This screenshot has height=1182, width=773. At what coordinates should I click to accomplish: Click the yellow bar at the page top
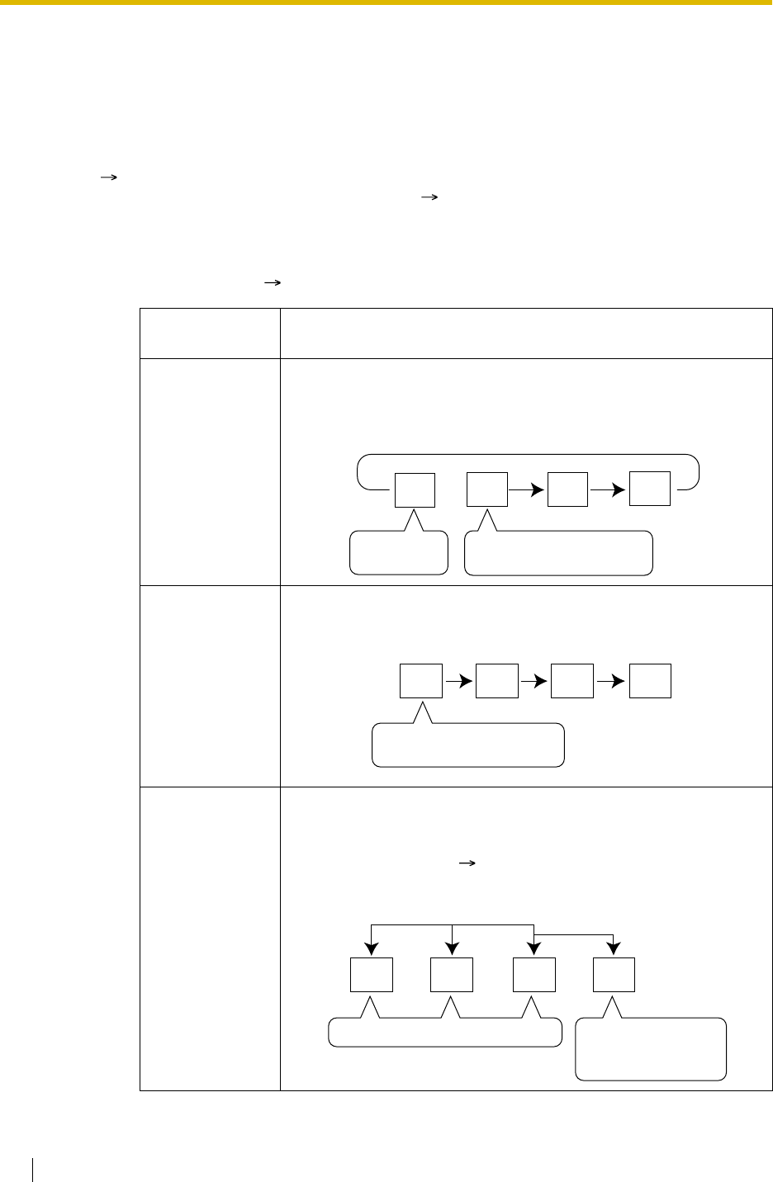click(x=386, y=2)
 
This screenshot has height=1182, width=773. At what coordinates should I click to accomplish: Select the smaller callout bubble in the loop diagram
click(x=398, y=554)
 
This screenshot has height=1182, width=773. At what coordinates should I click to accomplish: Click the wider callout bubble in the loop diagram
click(x=558, y=554)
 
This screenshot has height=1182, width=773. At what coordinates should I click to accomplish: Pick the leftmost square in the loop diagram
click(x=415, y=489)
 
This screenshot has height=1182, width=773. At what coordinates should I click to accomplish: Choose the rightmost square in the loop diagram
click(x=649, y=489)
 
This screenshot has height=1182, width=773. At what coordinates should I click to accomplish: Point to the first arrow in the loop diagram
click(x=526, y=489)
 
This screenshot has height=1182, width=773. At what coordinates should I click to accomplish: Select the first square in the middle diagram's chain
click(x=421, y=680)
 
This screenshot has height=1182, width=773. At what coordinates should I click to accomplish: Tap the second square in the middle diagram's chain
click(x=498, y=680)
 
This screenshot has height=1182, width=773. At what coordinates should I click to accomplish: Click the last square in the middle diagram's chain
click(x=650, y=680)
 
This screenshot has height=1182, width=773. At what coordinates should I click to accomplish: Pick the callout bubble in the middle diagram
click(x=468, y=745)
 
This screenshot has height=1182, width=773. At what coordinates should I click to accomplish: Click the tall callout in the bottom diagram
click(x=651, y=1049)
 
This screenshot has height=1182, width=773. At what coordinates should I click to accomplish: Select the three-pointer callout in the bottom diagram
click(x=445, y=1033)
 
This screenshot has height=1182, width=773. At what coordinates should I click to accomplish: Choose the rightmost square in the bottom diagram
click(x=614, y=974)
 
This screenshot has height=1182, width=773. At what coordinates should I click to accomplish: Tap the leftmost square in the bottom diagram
click(x=371, y=974)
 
